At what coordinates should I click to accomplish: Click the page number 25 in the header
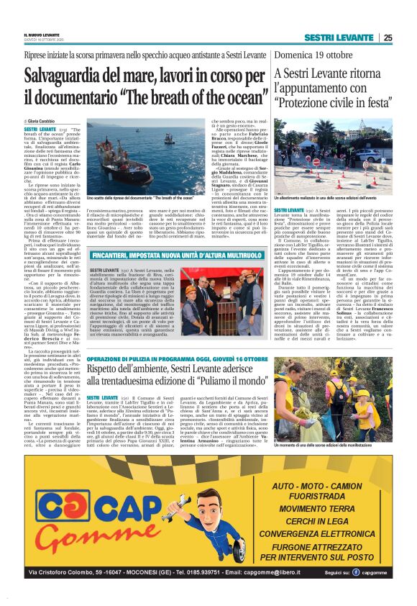(388, 37)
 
